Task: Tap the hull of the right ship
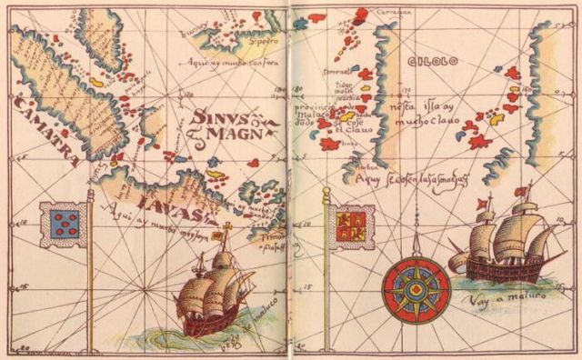(505, 265)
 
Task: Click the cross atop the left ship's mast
(226, 226)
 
